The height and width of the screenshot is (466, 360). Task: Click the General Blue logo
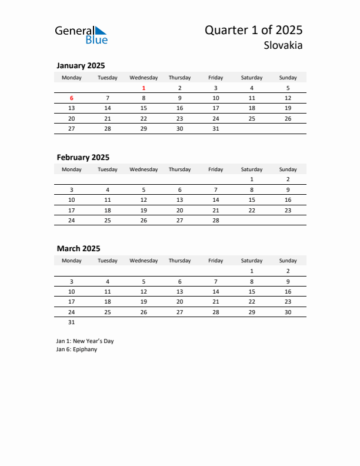pyautogui.click(x=81, y=35)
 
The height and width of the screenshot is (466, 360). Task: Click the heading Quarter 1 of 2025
pyautogui.click(x=254, y=30)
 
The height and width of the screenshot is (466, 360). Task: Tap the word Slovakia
pyautogui.click(x=283, y=45)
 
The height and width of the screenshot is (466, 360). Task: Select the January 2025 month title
pyautogui.click(x=81, y=66)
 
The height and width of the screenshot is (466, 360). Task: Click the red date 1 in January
pyautogui.click(x=144, y=88)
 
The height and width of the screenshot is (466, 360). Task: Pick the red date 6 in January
pyautogui.click(x=72, y=98)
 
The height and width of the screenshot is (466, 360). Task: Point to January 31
pyautogui.click(x=215, y=128)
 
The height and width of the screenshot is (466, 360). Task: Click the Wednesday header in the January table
pyautogui.click(x=144, y=77)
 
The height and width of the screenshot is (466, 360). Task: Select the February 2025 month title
pyautogui.click(x=83, y=157)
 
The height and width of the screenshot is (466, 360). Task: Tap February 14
pyautogui.click(x=215, y=199)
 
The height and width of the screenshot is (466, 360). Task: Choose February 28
pyautogui.click(x=215, y=220)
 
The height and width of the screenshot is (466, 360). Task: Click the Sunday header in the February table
pyautogui.click(x=288, y=169)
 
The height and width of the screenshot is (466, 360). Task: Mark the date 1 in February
pyautogui.click(x=252, y=179)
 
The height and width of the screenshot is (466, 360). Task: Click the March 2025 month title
pyautogui.click(x=78, y=248)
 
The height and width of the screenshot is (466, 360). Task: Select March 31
pyautogui.click(x=72, y=322)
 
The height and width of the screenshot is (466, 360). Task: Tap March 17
pyautogui.click(x=72, y=301)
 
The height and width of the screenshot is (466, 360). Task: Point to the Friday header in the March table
pyautogui.click(x=215, y=261)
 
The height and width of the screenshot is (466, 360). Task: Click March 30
pyautogui.click(x=288, y=312)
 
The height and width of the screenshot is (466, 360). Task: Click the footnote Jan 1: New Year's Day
pyautogui.click(x=85, y=341)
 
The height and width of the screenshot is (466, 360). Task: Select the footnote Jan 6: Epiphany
pyautogui.click(x=76, y=349)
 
